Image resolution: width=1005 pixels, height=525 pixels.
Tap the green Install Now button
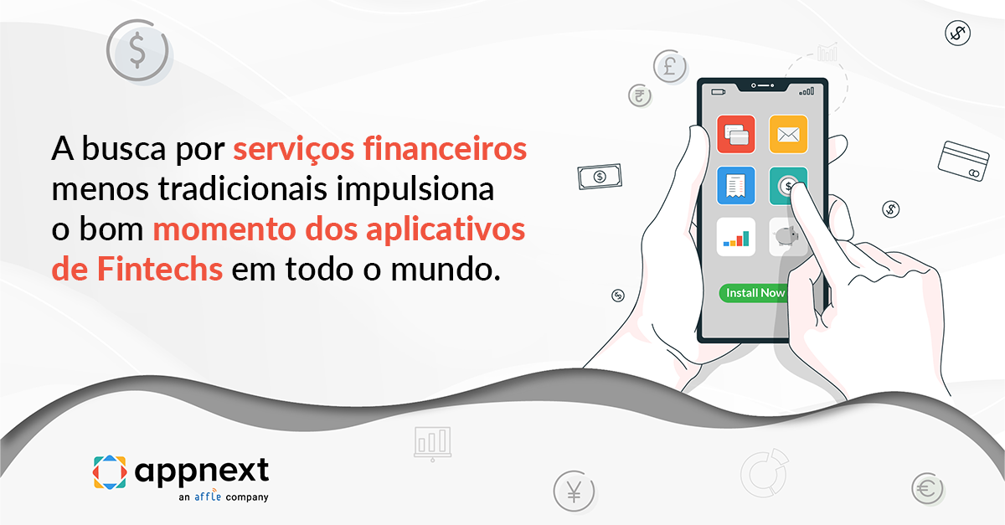(755, 293)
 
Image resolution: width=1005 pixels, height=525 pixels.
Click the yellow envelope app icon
(788, 134)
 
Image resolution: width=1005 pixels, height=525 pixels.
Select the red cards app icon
(736, 134)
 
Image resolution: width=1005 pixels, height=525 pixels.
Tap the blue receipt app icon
(736, 185)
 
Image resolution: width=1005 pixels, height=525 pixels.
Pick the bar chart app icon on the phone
(736, 238)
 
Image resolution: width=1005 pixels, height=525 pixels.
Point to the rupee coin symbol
(640, 95)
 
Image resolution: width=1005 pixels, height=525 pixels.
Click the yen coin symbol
(574, 491)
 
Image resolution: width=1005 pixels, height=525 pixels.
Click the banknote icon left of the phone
(600, 177)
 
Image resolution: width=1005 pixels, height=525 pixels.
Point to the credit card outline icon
(964, 161)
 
